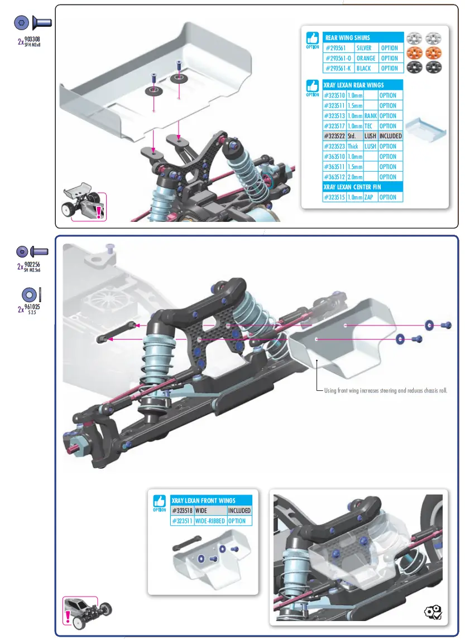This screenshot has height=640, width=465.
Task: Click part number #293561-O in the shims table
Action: tap(337, 58)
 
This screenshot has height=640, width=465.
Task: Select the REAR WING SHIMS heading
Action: tap(347, 37)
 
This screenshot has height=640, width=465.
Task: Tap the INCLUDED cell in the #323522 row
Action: tap(390, 136)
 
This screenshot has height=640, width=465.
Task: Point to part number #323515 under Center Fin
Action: tap(334, 197)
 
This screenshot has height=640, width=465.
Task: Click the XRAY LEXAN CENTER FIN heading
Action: tap(352, 187)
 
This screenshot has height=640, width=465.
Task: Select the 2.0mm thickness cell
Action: tap(355, 177)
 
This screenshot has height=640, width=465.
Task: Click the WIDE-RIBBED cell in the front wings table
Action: tap(210, 521)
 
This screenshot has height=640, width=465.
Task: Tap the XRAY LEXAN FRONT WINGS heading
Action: tap(203, 501)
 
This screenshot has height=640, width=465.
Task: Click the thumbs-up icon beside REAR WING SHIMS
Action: tap(313, 38)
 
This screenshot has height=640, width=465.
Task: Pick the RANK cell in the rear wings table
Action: tap(370, 116)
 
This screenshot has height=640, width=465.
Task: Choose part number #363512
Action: tap(334, 177)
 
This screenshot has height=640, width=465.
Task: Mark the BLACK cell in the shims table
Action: tap(364, 68)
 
